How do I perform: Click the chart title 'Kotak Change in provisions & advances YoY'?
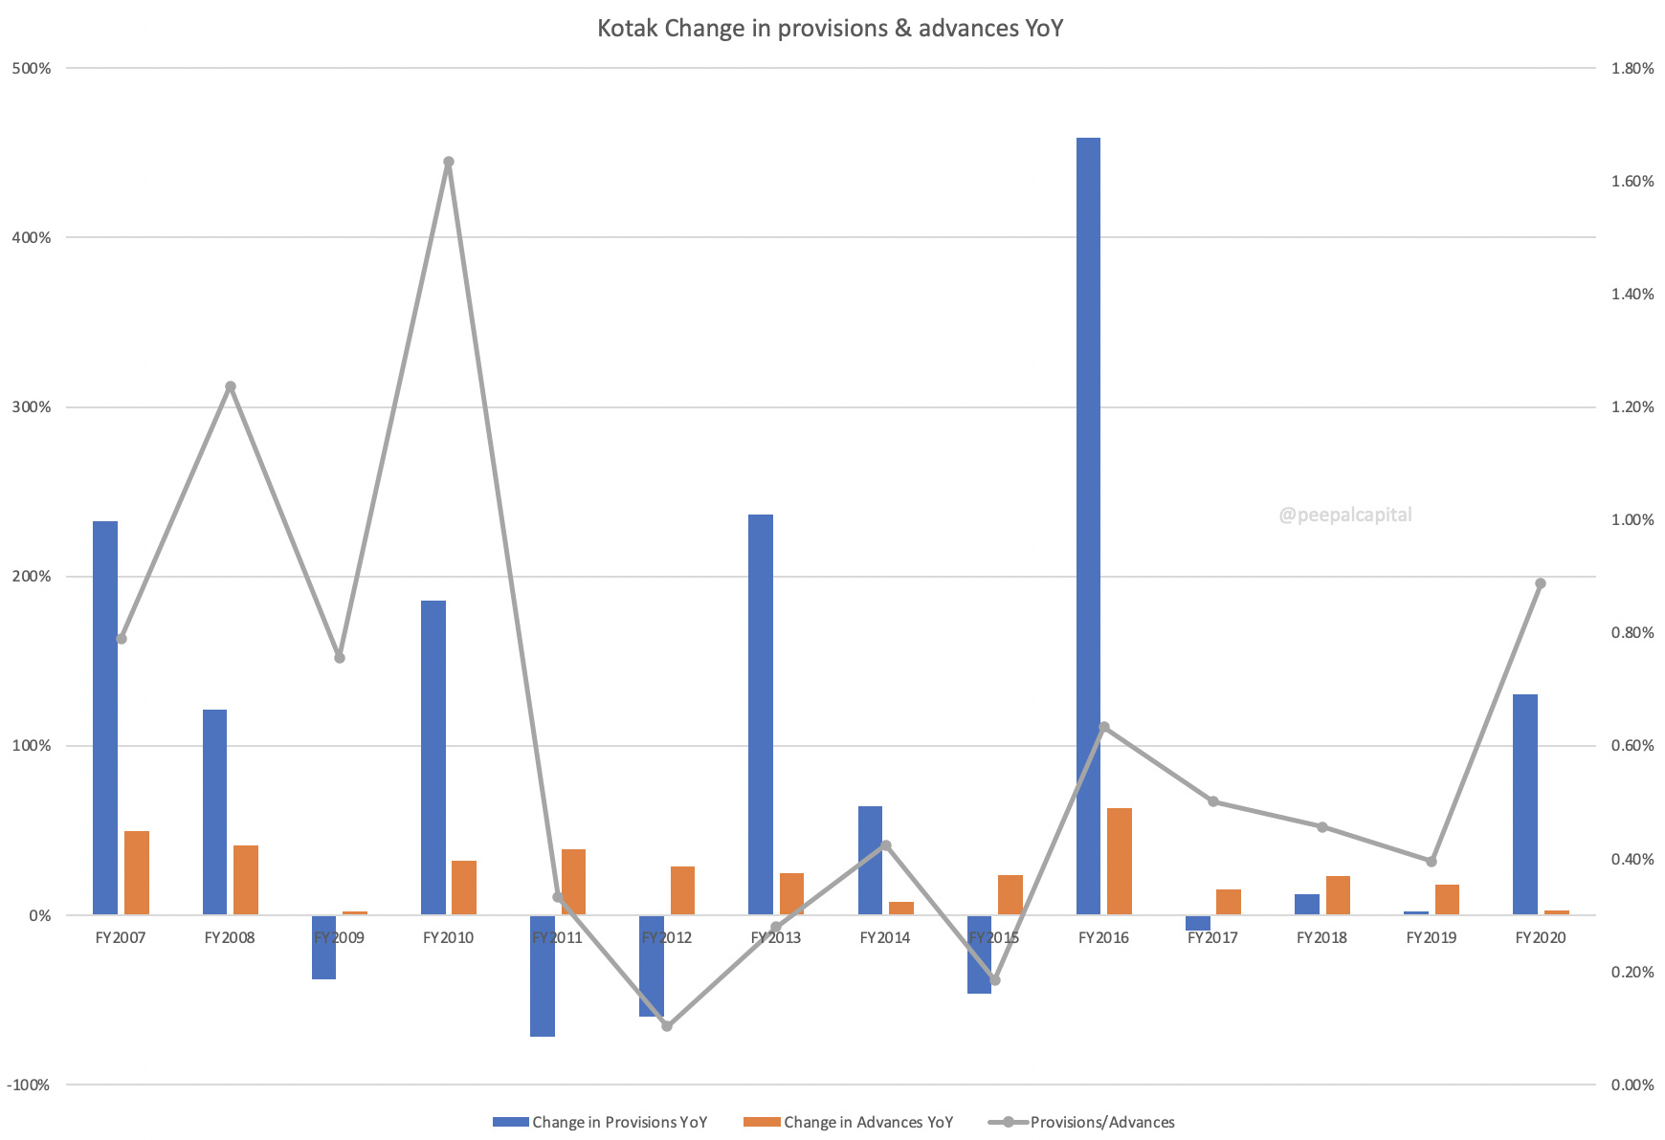pyautogui.click(x=830, y=29)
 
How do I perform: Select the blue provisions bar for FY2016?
pyautogui.click(x=1088, y=526)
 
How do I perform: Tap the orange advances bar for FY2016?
pyautogui.click(x=1120, y=862)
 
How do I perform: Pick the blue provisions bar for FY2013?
pyautogui.click(x=761, y=714)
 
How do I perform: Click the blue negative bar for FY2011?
pyautogui.click(x=543, y=976)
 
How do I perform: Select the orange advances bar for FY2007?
pyautogui.click(x=137, y=873)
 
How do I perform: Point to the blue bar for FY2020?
pyautogui.click(x=1525, y=804)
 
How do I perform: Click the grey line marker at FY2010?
pyautogui.click(x=449, y=163)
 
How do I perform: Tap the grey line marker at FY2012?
pyautogui.click(x=667, y=1026)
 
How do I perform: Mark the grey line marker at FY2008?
pyautogui.click(x=231, y=387)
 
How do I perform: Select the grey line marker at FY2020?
pyautogui.click(x=1541, y=583)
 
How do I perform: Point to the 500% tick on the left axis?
pyautogui.click(x=32, y=69)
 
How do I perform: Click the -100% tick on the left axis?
pyautogui.click(x=29, y=1085)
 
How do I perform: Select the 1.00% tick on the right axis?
pyautogui.click(x=1632, y=520)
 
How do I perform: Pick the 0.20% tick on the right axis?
pyautogui.click(x=1632, y=973)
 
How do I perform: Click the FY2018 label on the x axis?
pyautogui.click(x=1321, y=938)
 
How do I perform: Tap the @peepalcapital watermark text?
pyautogui.click(x=1344, y=515)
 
